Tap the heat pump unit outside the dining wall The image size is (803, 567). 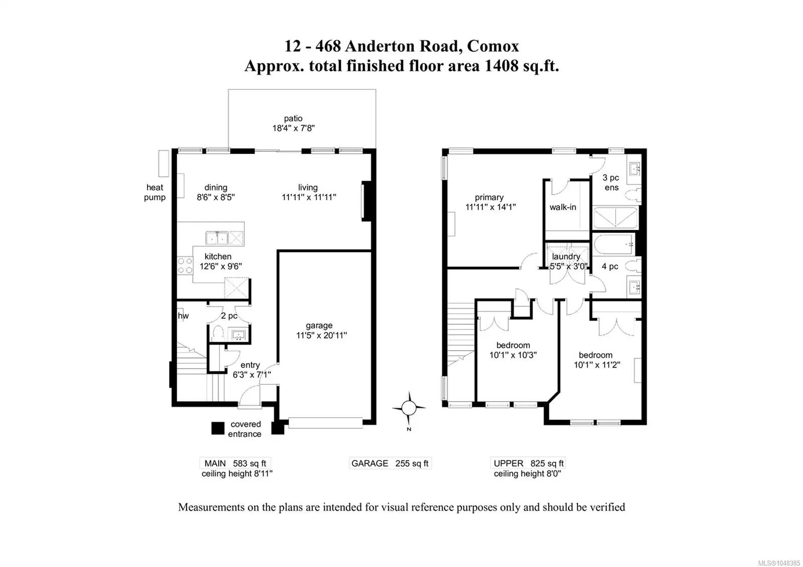(164, 164)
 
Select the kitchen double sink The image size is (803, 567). (217, 238)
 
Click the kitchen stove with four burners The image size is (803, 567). (185, 265)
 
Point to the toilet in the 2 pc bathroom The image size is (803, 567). (218, 332)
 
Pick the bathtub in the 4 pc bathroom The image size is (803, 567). (613, 244)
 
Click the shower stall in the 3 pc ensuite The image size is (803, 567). (615, 218)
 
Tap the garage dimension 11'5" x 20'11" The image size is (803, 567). (322, 336)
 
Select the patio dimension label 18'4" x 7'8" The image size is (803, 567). (293, 128)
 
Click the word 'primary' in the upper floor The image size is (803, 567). (489, 198)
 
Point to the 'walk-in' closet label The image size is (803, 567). (563, 207)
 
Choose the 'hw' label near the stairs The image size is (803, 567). (183, 316)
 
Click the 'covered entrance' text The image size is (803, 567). (245, 429)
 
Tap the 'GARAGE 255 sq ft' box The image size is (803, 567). (390, 464)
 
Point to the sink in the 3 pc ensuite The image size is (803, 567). (635, 168)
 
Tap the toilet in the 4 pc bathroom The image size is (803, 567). (633, 265)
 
